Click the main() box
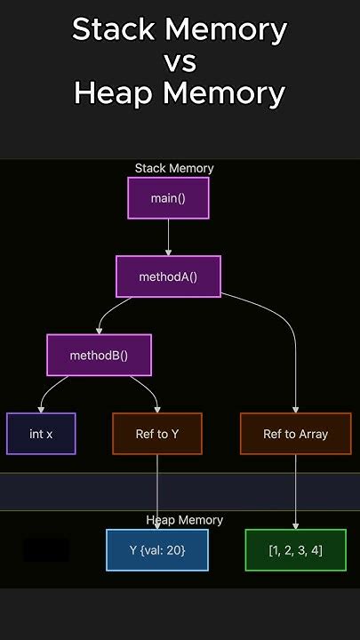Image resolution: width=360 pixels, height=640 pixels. click(168, 198)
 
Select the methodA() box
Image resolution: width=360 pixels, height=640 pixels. click(168, 276)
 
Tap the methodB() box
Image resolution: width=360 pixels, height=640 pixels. click(99, 355)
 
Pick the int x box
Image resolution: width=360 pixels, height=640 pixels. click(41, 434)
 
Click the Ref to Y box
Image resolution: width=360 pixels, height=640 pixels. click(157, 434)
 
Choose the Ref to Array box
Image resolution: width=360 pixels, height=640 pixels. click(295, 434)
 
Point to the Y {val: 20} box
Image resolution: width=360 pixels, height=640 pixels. click(157, 549)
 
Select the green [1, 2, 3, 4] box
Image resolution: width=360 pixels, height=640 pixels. click(295, 549)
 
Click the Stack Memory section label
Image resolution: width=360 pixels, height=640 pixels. click(174, 168)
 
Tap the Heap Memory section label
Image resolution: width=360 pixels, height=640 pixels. click(184, 520)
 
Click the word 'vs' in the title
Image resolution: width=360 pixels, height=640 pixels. click(180, 61)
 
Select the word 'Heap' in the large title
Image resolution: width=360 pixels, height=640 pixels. click(112, 92)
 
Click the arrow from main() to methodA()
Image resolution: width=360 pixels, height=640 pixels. click(168, 237)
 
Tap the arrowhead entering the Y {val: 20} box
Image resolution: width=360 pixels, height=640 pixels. click(157, 525)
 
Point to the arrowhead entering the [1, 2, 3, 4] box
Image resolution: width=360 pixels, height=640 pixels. click(295, 525)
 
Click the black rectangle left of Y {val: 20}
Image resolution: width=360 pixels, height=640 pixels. click(46, 549)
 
